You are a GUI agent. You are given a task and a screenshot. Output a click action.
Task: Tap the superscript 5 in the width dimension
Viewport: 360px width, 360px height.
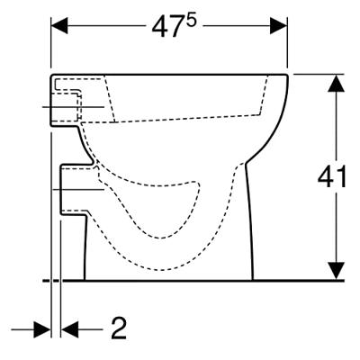coord(181,20)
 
